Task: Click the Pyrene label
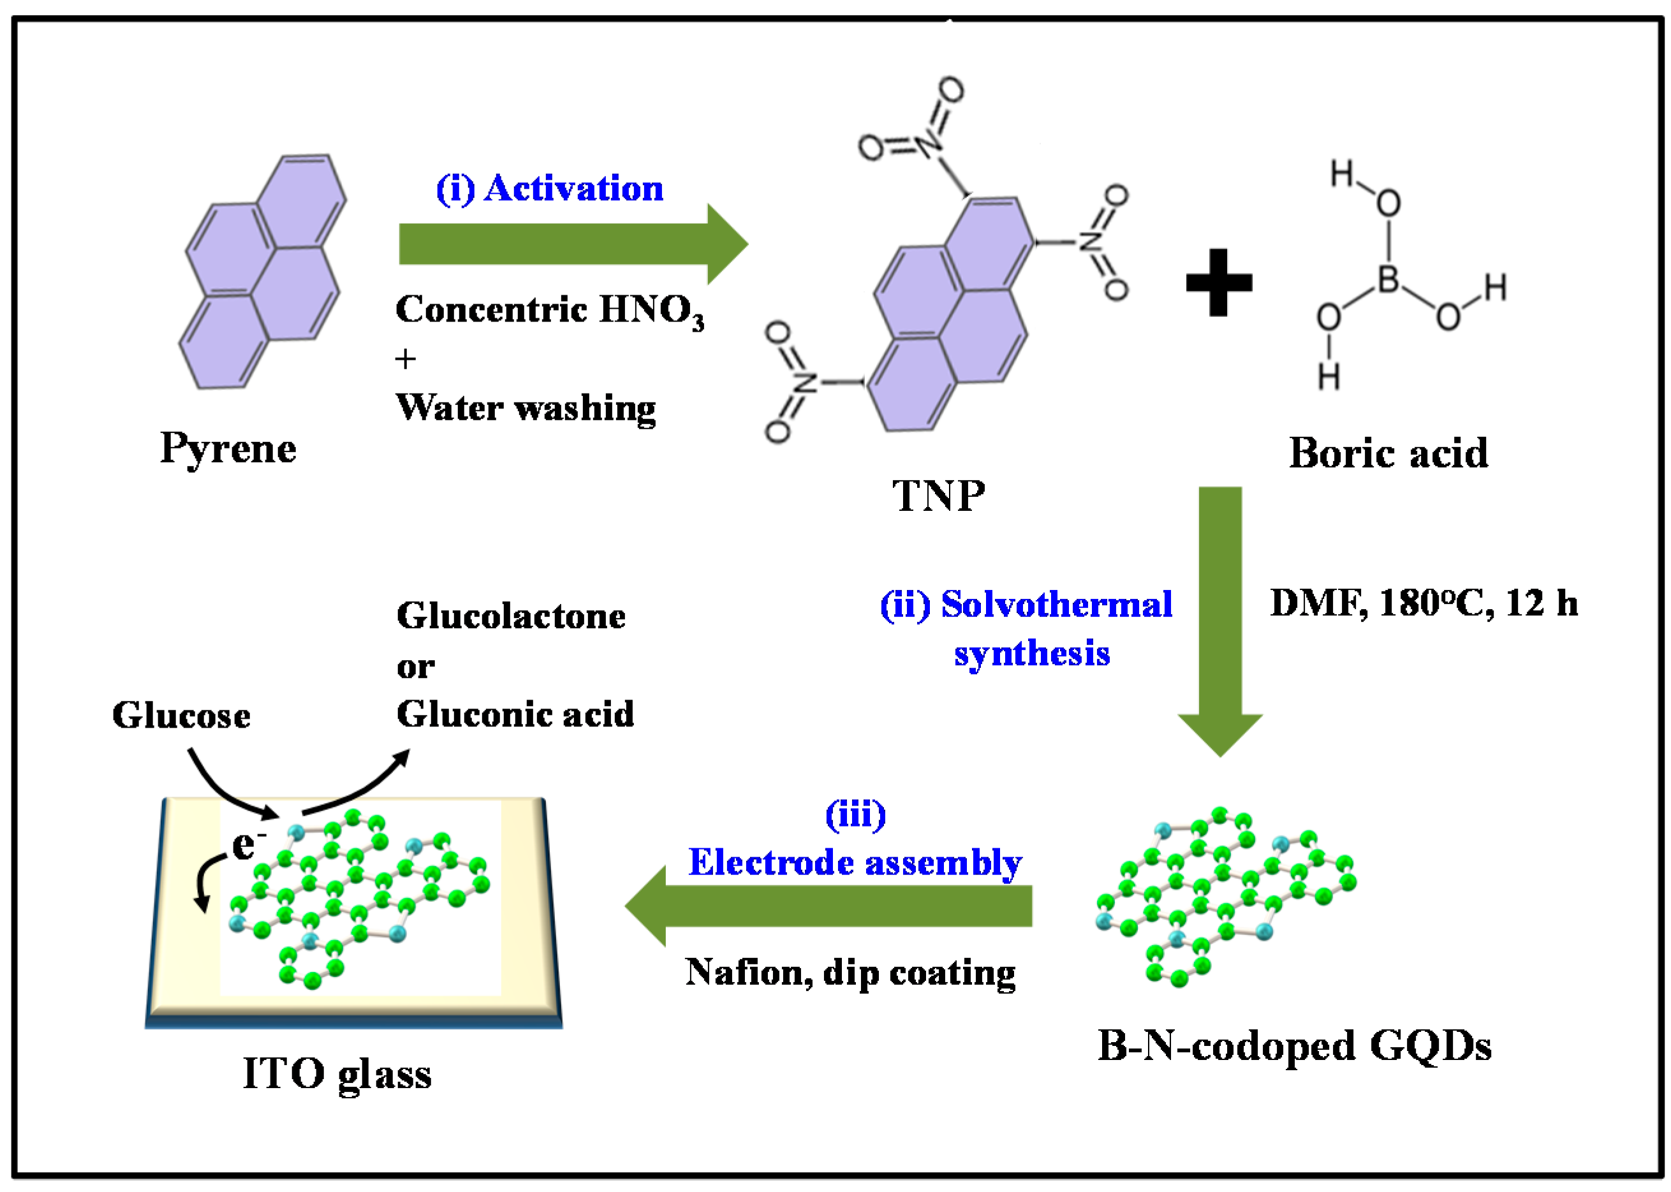point(228,448)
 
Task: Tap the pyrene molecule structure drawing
point(262,272)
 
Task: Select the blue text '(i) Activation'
point(549,189)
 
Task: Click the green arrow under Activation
point(572,244)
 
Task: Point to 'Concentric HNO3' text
point(549,310)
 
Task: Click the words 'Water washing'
point(526,408)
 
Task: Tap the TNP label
point(938,496)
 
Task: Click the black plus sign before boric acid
point(1218,283)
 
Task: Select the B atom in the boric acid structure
point(1387,279)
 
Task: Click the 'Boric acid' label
point(1388,453)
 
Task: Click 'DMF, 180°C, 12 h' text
point(1424,603)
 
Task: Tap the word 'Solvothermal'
point(1056,605)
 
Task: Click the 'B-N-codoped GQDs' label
point(1294,1046)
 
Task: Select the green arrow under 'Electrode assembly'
point(829,906)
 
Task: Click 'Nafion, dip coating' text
point(850,973)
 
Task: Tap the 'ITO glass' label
point(337,1074)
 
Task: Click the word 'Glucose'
point(181,715)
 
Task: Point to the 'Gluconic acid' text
point(515,714)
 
